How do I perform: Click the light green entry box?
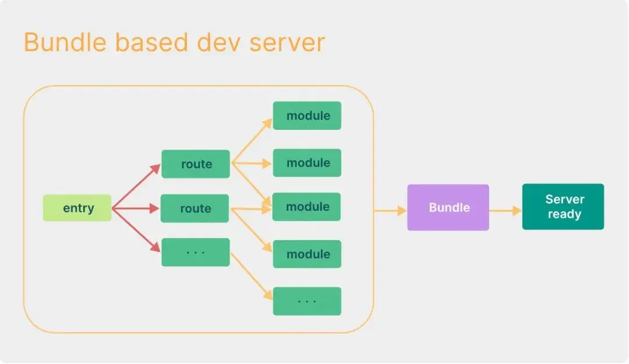click(77, 208)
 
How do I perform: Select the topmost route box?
click(196, 164)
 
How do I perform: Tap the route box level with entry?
click(195, 208)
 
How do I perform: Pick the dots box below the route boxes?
click(195, 252)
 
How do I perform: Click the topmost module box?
click(307, 115)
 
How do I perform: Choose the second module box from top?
click(307, 162)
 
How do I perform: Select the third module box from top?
click(307, 207)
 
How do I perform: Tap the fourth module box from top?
click(307, 254)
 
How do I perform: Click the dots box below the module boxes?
click(307, 301)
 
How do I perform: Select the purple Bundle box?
click(448, 207)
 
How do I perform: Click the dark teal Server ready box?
click(563, 207)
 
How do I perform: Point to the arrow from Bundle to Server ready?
click(505, 210)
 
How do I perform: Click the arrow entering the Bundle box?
click(390, 210)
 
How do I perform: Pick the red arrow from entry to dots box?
click(137, 229)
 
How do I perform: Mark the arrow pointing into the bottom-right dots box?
click(252, 274)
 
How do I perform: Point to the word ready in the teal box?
click(564, 214)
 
